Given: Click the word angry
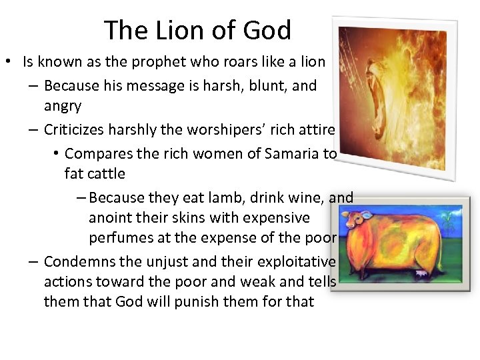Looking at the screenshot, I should click(x=63, y=106).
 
